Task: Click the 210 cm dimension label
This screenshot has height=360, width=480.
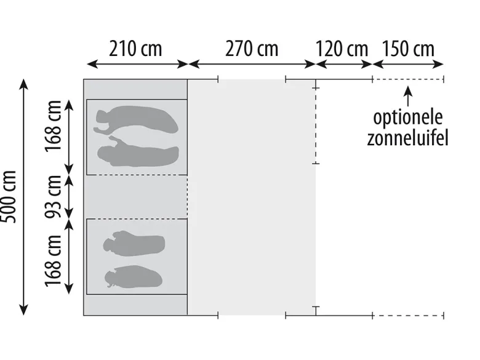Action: [x=135, y=49]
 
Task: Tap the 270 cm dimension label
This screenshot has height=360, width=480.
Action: [x=252, y=49]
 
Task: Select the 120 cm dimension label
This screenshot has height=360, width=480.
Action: [x=342, y=49]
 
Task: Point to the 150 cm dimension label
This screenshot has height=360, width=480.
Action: [x=408, y=49]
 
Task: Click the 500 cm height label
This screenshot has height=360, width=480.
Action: [x=9, y=197]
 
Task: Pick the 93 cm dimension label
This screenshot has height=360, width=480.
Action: [x=54, y=197]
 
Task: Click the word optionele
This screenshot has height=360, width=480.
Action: [x=408, y=118]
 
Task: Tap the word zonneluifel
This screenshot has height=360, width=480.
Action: [x=407, y=138]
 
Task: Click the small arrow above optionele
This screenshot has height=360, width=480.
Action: [x=408, y=96]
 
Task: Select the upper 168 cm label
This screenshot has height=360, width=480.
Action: [x=54, y=126]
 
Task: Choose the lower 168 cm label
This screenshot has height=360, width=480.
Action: [x=54, y=261]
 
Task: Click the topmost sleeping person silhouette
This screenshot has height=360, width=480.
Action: [x=136, y=120]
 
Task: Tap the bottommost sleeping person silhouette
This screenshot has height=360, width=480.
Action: [x=133, y=277]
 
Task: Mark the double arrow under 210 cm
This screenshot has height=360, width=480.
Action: [x=137, y=64]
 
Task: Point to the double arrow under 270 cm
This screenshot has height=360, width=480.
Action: [x=252, y=64]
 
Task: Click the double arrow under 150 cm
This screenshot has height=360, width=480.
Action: [x=408, y=64]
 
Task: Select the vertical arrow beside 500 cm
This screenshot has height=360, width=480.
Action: [x=23, y=197]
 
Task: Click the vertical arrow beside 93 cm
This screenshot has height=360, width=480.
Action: [x=69, y=197]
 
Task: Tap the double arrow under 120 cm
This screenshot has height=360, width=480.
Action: [x=344, y=64]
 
